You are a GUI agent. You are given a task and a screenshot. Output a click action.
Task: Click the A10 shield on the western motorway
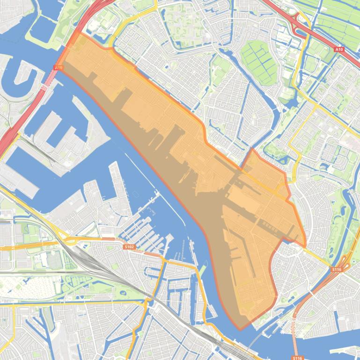(x=58, y=68)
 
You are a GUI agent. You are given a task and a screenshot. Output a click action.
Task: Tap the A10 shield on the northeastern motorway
(x=339, y=49)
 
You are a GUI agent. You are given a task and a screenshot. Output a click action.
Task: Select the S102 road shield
(x=129, y=246)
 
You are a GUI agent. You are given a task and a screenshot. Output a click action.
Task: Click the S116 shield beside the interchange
(x=337, y=270)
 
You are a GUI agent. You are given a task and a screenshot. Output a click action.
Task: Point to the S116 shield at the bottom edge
(x=297, y=357)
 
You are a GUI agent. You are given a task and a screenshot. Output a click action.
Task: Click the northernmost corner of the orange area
(x=80, y=33)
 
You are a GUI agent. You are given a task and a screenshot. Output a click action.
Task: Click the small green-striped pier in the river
(x=202, y=270)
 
